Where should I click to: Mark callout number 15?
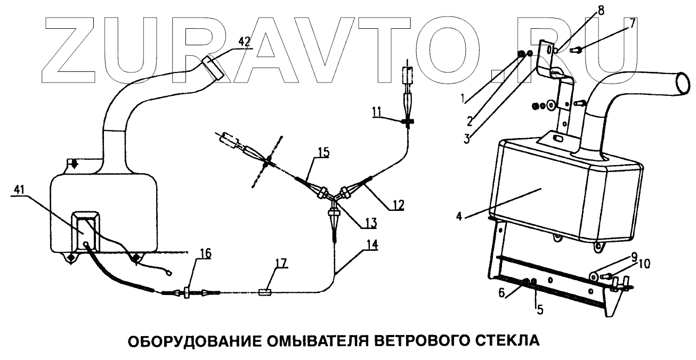[321, 152]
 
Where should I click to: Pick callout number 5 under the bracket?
[539, 308]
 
